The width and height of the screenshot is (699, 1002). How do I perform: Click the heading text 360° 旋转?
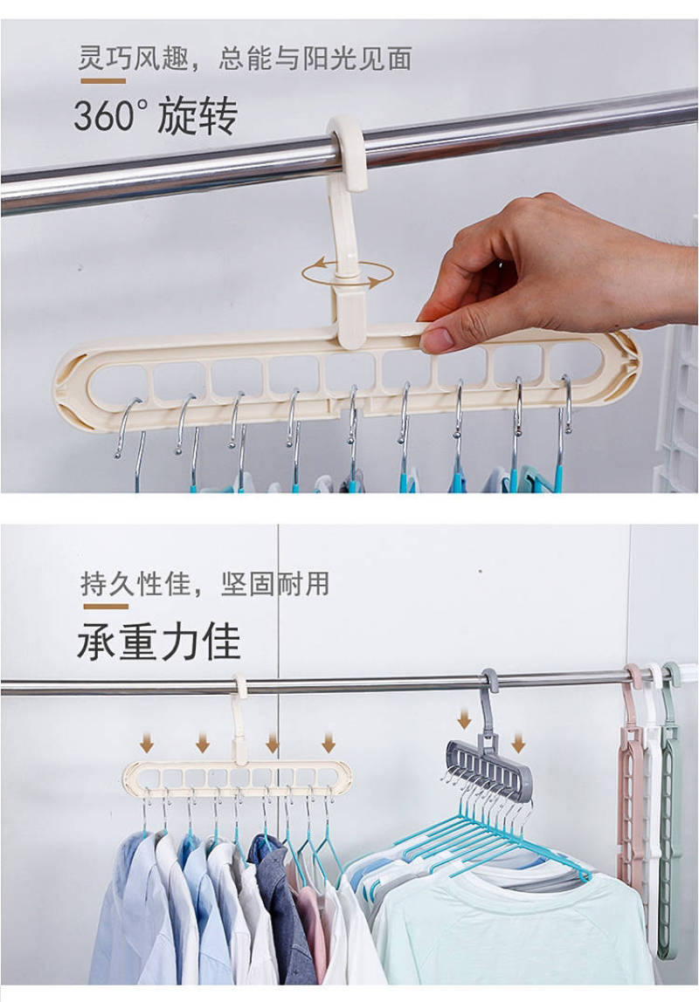pos(156,115)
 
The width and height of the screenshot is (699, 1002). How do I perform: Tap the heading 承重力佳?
pos(159,641)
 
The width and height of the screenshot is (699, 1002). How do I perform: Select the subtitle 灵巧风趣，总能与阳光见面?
pos(245,58)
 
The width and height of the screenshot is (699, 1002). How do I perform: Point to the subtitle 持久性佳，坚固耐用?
pos(204,583)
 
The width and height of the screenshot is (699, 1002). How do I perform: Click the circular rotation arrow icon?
pos(347,273)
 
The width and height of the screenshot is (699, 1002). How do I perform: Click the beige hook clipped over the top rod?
pos(349,154)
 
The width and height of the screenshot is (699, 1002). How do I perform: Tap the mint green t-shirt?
pos(512,927)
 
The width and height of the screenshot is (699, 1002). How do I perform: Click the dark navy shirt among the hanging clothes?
pos(281,908)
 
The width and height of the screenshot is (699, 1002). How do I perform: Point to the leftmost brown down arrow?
pos(147,743)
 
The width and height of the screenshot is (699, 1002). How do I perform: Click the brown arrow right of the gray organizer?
pos(518,743)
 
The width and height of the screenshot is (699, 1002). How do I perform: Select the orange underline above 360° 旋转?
pos(103,81)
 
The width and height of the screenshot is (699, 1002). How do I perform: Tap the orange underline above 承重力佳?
pos(106,606)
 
